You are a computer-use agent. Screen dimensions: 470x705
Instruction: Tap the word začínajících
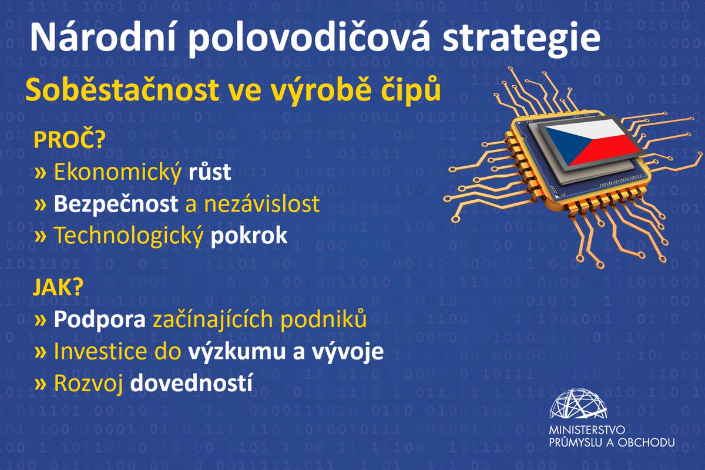point(211,320)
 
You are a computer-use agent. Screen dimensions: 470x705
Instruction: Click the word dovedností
point(192,382)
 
